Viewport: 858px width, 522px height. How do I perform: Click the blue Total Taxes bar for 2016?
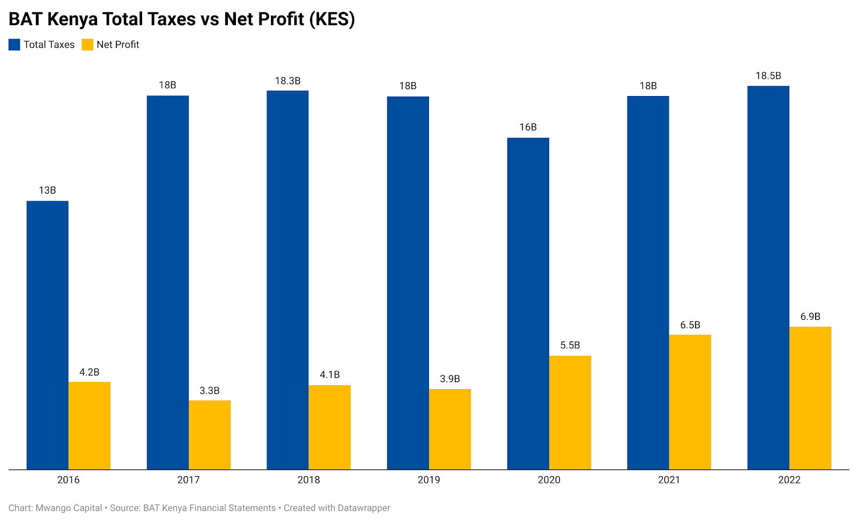click(47, 335)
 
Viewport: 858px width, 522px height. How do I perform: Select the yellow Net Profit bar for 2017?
click(210, 435)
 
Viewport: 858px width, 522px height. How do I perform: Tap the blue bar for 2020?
click(528, 304)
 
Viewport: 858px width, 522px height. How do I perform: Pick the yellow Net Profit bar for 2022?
click(810, 398)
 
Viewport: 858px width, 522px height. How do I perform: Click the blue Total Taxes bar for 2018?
click(287, 280)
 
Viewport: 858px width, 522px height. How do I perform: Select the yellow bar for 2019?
click(450, 429)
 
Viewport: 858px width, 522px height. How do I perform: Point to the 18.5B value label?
click(768, 76)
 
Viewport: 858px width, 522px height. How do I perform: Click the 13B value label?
click(47, 190)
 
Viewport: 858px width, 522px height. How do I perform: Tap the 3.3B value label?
click(210, 391)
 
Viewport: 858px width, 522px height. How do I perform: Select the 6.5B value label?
click(690, 325)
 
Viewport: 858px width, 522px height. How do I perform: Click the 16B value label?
click(528, 127)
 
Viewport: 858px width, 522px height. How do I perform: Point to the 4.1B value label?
click(330, 374)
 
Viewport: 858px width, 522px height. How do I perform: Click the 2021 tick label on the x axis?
click(669, 480)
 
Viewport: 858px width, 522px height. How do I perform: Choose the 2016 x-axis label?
click(68, 480)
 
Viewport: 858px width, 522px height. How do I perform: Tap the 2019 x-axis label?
click(428, 480)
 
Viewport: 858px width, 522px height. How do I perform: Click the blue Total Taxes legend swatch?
click(14, 45)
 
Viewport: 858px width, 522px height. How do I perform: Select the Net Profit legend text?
click(117, 45)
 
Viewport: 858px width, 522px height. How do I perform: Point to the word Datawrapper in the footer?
click(364, 508)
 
